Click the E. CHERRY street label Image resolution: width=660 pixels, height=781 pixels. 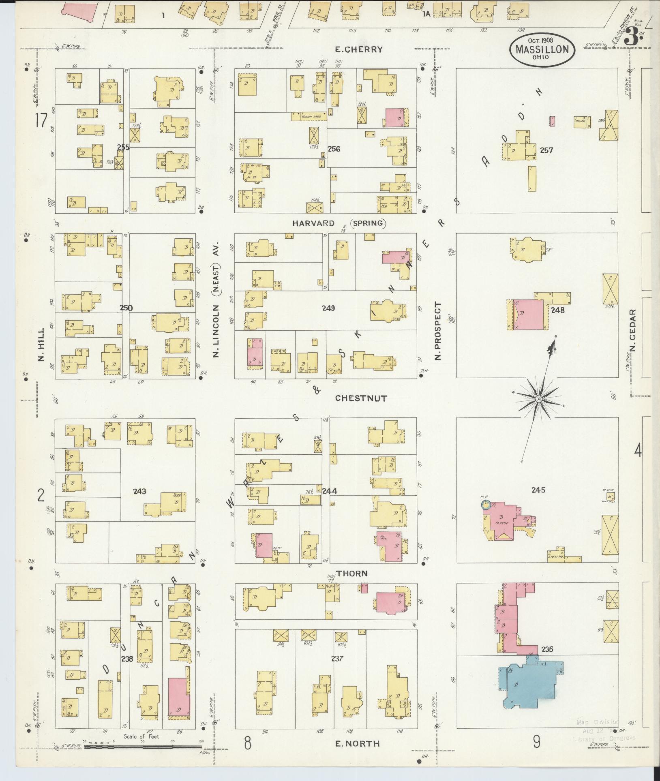coord(358,49)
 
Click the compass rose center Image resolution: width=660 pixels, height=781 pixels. coord(538,400)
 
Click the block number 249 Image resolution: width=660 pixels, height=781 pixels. coord(328,308)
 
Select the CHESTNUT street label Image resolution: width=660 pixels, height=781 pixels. coord(361,398)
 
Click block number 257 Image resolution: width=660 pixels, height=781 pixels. coord(546,150)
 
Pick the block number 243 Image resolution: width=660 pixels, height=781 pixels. coord(139,491)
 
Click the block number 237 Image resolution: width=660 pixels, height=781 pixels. coord(337,659)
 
